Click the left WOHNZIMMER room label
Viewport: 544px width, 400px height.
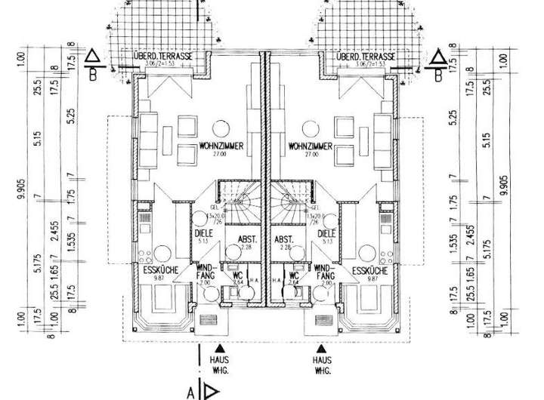[x=221, y=146]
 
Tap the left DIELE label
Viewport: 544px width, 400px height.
[x=202, y=234]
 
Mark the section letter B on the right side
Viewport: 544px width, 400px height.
[x=437, y=75]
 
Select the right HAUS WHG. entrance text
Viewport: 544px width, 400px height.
[x=322, y=367]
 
